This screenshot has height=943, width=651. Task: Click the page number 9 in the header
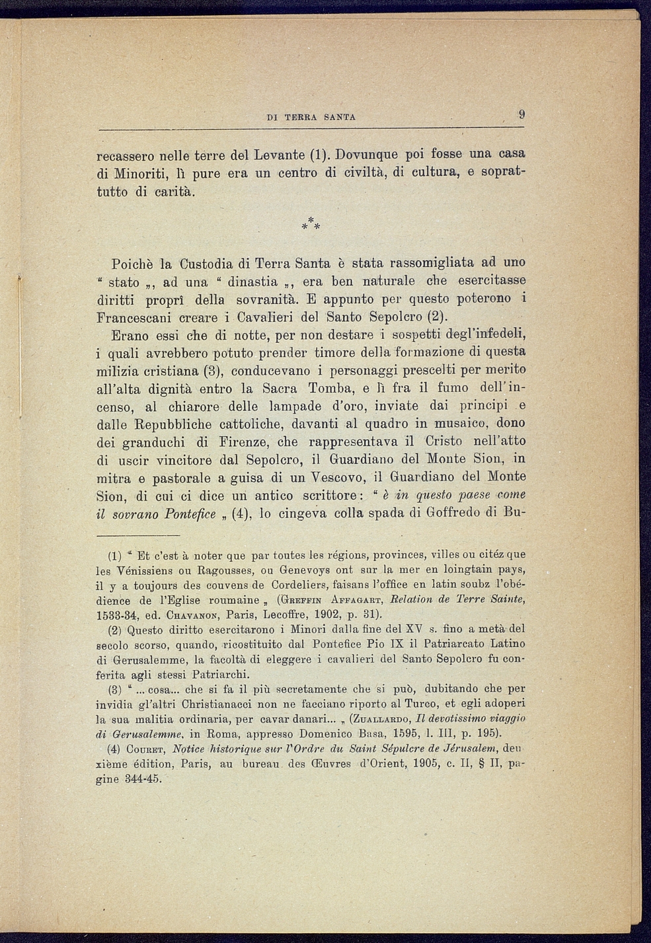click(x=521, y=114)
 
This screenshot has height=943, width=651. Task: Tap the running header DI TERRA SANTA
click(x=311, y=118)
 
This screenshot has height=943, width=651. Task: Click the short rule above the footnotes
click(x=138, y=535)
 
